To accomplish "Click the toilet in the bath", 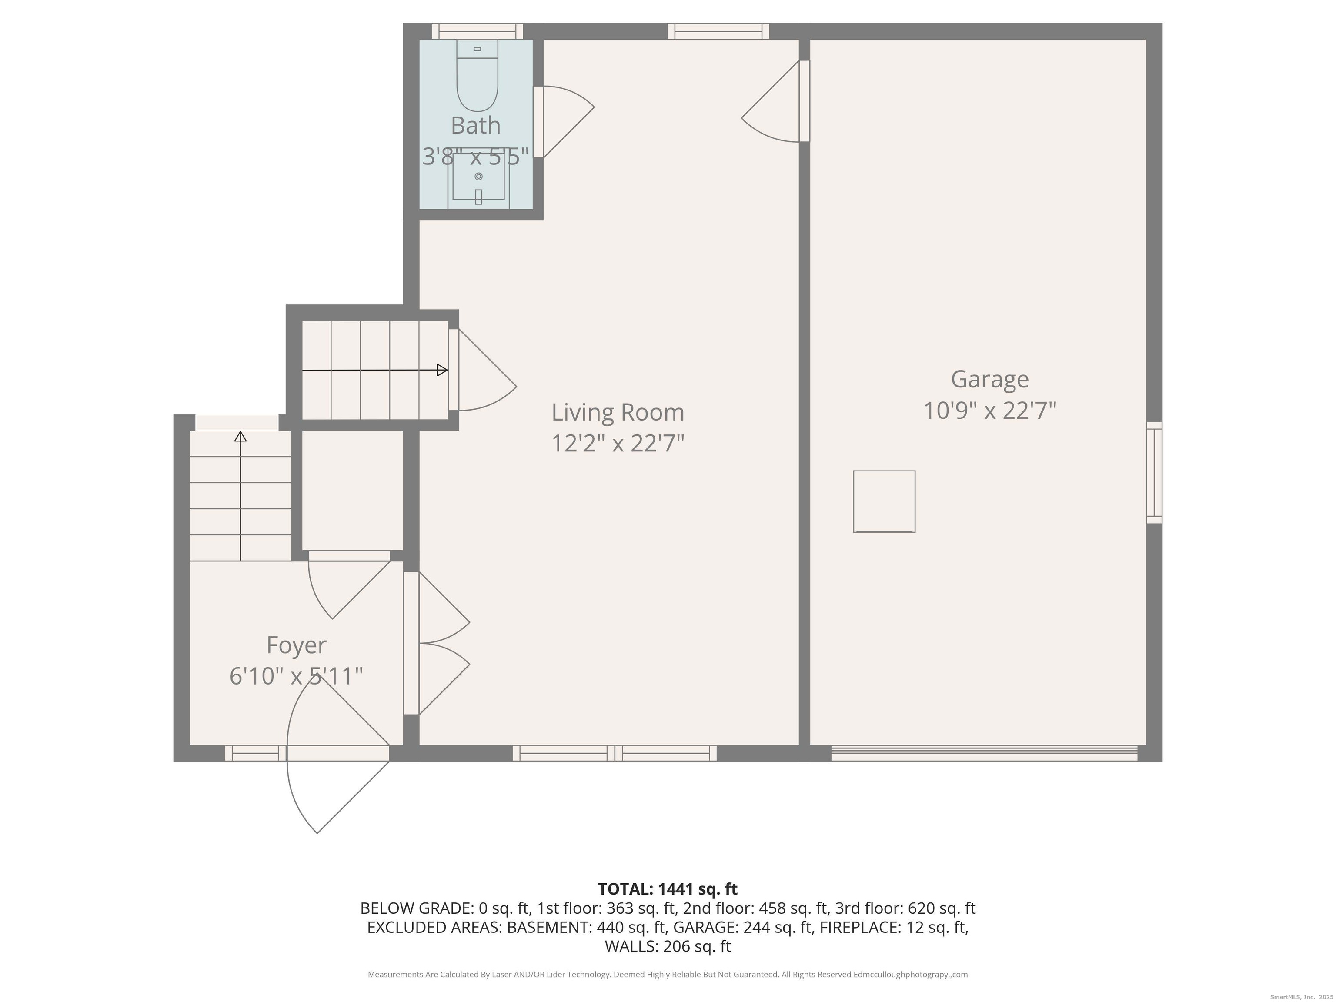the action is click(477, 76).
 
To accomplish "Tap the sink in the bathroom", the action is click(478, 177).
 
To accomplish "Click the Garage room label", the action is click(989, 379).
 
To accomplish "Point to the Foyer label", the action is click(296, 645).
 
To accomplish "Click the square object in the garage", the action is click(884, 501).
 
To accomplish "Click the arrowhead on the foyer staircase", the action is click(240, 437).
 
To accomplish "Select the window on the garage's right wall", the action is click(1154, 472).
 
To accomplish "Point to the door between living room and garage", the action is click(775, 101).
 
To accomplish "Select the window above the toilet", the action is click(477, 31).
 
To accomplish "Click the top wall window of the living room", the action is click(718, 31).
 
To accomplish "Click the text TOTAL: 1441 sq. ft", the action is click(668, 889).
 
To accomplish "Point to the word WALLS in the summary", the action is click(631, 946).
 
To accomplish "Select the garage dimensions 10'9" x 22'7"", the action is click(990, 411).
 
